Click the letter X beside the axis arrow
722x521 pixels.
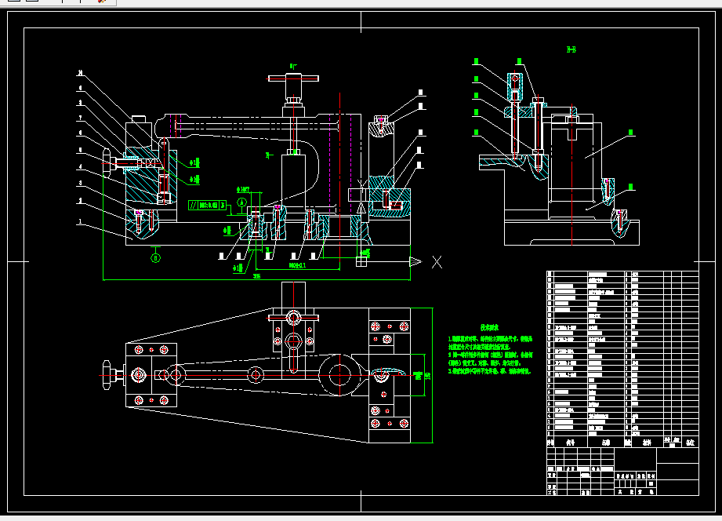437,262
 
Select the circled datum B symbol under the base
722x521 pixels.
156,257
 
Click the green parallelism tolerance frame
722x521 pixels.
208,206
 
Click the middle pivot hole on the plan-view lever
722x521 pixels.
256,374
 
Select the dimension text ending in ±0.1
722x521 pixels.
297,266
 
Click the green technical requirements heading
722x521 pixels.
491,327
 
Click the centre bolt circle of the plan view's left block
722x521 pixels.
140,375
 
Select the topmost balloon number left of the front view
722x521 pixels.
80,73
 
